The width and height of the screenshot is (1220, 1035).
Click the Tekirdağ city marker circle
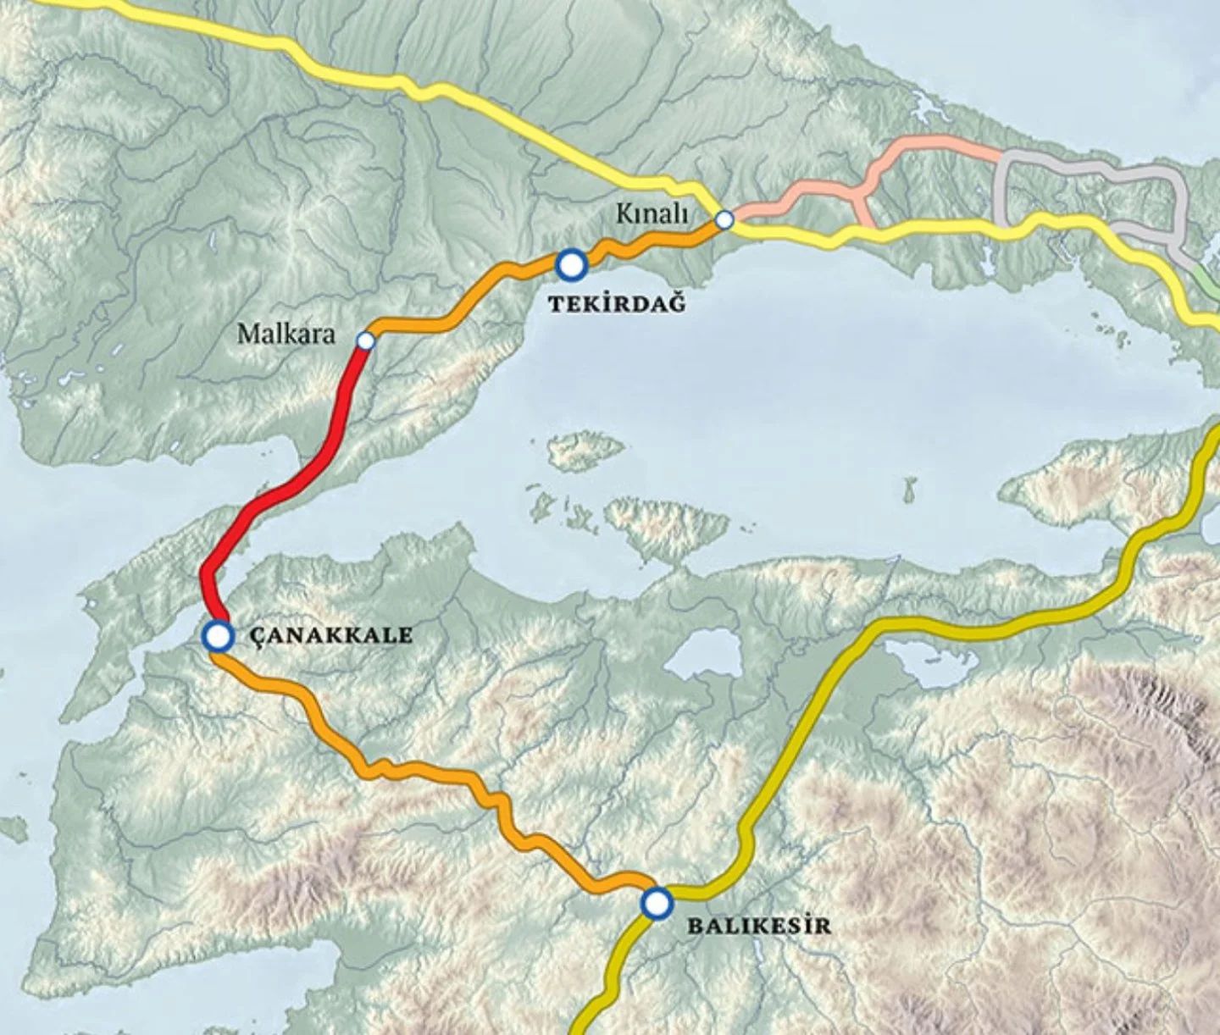tap(572, 264)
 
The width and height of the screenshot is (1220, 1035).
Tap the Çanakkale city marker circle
tap(218, 635)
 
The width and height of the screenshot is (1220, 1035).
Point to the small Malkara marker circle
tap(366, 340)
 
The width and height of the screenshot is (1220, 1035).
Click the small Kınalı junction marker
tap(724, 220)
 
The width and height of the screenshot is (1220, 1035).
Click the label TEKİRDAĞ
tap(616, 303)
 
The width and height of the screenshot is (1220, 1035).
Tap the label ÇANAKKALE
tap(332, 635)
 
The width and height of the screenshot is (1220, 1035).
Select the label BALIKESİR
tap(758, 925)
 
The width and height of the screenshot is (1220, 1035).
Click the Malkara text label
tap(286, 334)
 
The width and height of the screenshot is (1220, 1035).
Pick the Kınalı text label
tap(651, 214)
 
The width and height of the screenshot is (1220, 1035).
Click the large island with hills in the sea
tap(669, 525)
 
